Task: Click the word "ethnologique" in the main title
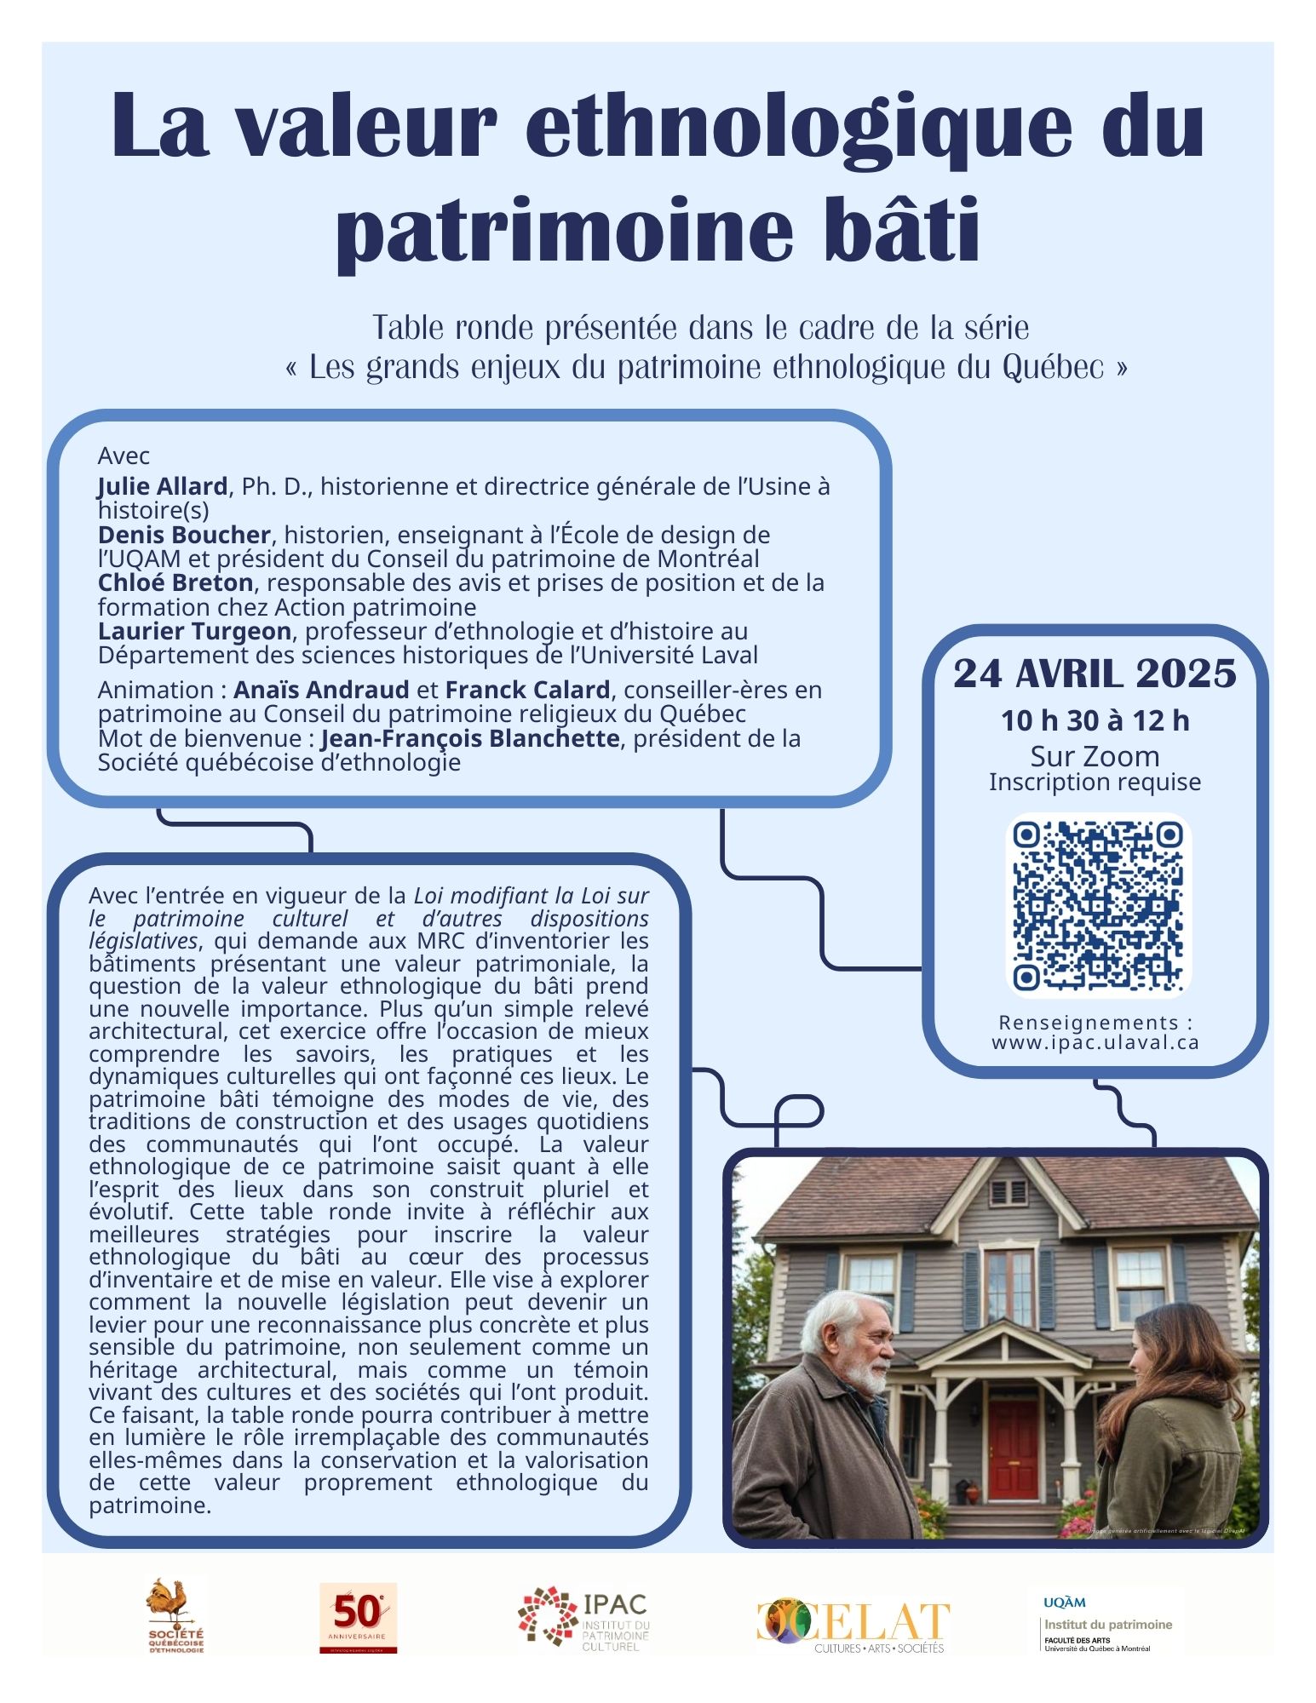(x=798, y=128)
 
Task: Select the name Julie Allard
(x=162, y=486)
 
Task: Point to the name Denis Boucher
(x=184, y=535)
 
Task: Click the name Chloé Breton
(x=175, y=583)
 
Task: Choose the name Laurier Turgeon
(x=194, y=632)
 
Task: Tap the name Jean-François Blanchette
(x=469, y=738)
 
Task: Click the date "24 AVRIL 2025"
(x=1095, y=674)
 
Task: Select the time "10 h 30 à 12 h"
(x=1095, y=721)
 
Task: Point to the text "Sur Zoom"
(x=1095, y=756)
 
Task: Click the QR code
(x=1097, y=906)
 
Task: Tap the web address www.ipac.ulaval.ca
(x=1095, y=1042)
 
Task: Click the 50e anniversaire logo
(x=358, y=1617)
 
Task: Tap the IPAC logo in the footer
(x=583, y=1617)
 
